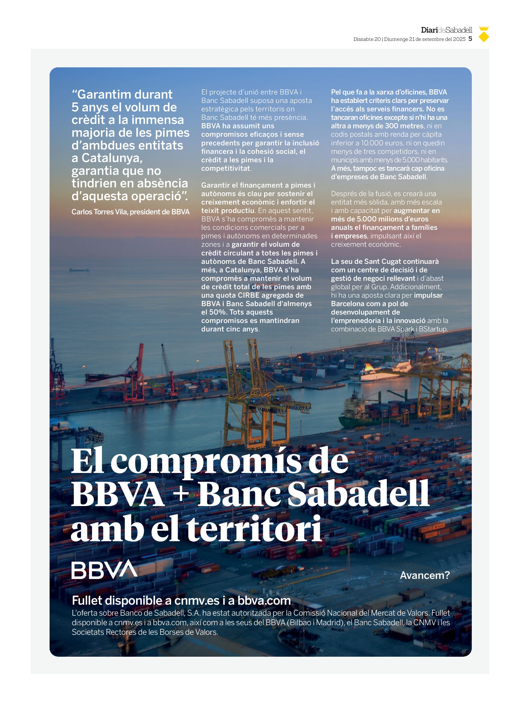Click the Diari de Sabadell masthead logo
[446, 30]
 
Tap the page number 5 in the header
[470, 39]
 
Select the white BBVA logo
[104, 570]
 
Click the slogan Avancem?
[425, 575]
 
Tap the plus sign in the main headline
[181, 494]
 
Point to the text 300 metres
[404, 126]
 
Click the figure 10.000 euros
[380, 143]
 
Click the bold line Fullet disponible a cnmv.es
[181, 601]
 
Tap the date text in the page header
[409, 39]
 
